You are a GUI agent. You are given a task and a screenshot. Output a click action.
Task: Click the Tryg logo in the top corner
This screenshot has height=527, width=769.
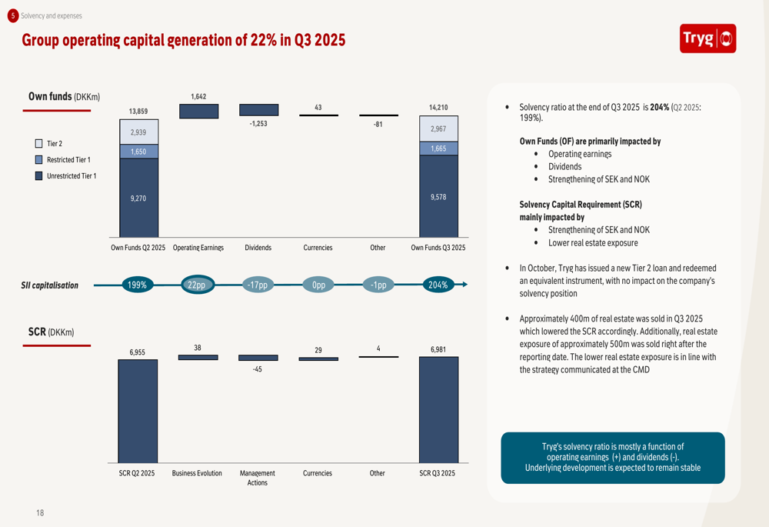click(707, 38)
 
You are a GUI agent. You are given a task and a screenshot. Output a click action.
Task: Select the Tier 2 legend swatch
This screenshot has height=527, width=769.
click(38, 144)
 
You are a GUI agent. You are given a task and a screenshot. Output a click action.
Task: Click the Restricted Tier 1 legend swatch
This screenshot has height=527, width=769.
click(38, 160)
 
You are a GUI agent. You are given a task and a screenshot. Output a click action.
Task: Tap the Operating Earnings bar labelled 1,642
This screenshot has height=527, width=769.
click(198, 111)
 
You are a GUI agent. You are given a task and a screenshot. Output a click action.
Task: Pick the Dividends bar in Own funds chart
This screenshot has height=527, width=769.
click(258, 110)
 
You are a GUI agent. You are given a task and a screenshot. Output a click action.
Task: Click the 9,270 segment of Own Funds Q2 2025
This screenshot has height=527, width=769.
click(138, 198)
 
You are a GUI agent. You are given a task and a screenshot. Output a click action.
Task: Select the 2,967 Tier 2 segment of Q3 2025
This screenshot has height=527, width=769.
click(438, 129)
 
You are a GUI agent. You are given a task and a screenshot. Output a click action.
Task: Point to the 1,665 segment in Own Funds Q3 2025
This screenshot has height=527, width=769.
click(438, 148)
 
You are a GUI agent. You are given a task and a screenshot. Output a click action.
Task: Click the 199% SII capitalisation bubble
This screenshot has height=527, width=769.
click(138, 285)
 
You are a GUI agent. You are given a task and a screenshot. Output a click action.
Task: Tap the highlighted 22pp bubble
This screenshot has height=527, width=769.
click(198, 285)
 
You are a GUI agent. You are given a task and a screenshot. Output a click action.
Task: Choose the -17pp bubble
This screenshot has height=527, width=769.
click(258, 285)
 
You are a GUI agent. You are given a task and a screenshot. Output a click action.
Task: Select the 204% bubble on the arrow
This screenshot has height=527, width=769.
click(438, 285)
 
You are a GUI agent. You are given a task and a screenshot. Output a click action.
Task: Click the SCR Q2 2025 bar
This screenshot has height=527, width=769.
click(138, 411)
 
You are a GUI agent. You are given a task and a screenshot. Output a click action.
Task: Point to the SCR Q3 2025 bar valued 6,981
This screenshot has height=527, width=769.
click(438, 410)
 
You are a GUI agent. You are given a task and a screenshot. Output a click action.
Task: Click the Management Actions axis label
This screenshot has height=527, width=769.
click(258, 478)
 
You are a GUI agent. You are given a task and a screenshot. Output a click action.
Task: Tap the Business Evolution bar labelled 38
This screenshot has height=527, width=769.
click(198, 358)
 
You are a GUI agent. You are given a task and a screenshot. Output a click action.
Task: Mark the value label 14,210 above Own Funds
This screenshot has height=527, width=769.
click(438, 108)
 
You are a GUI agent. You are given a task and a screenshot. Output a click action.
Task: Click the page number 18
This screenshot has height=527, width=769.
click(40, 512)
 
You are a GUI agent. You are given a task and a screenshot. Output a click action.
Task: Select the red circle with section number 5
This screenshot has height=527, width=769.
click(12, 15)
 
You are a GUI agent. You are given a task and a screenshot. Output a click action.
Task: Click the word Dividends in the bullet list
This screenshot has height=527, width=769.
click(564, 166)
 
